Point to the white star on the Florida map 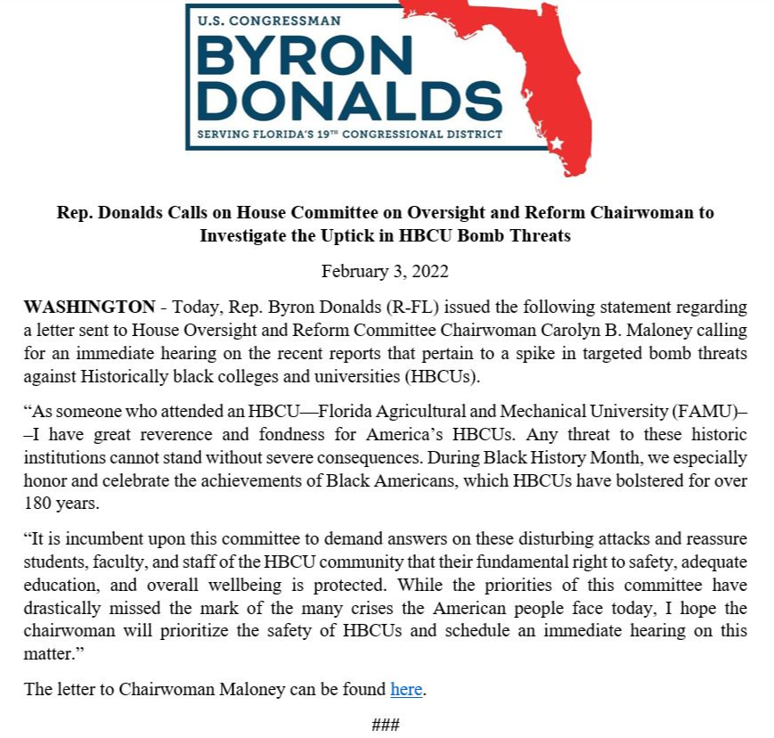point(557,143)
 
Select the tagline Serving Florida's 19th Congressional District point(344,135)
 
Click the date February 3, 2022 point(385,271)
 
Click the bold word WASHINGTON point(89,307)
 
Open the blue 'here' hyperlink point(406,689)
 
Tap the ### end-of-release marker point(385,724)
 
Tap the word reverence point(165,434)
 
